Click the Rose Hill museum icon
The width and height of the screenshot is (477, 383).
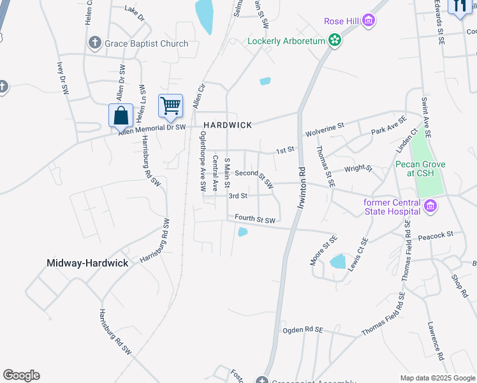[x=368, y=22]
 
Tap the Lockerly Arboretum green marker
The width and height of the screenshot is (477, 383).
[x=334, y=41]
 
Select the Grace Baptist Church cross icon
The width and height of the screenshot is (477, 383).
[x=94, y=43]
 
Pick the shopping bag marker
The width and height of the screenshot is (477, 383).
[x=121, y=116]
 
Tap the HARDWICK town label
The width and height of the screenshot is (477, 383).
[x=228, y=125]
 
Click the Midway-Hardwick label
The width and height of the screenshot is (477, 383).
[x=87, y=263]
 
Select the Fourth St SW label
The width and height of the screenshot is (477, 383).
[x=255, y=219]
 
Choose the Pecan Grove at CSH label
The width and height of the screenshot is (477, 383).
[x=420, y=169]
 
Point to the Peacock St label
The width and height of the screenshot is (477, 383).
[x=436, y=234]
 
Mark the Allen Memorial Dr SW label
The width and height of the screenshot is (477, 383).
[x=152, y=128]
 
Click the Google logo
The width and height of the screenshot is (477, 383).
[x=21, y=375]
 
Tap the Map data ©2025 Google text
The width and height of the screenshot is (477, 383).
[x=437, y=378]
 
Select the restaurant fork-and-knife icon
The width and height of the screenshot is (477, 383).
[x=459, y=6]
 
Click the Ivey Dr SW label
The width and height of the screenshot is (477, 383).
[x=62, y=78]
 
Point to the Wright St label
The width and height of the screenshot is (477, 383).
[x=358, y=169]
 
